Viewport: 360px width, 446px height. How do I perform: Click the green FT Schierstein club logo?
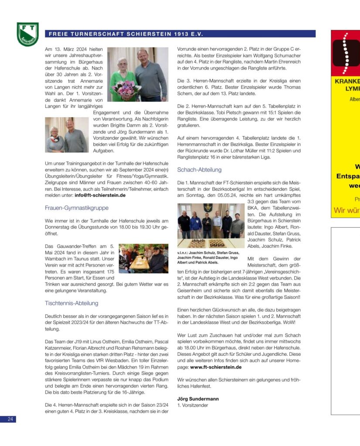(x=27, y=34)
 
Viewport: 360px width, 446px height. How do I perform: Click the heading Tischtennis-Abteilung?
(x=71, y=303)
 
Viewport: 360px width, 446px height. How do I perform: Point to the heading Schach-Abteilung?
(x=199, y=169)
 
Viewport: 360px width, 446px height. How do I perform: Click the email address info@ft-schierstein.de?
(x=100, y=195)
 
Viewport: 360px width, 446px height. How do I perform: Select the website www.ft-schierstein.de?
(x=216, y=367)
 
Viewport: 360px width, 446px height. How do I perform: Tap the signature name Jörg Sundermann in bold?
(x=198, y=399)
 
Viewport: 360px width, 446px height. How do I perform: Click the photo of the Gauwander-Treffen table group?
(x=143, y=259)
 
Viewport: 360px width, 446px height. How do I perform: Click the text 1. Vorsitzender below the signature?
(x=193, y=405)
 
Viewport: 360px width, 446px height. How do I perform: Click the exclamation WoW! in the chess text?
(x=289, y=322)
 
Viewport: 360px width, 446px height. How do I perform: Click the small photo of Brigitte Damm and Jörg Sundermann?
(x=67, y=135)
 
